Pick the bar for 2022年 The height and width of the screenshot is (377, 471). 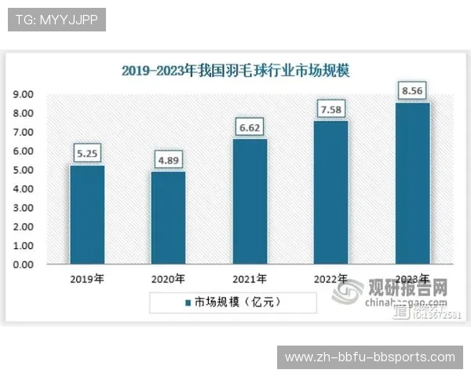(331, 192)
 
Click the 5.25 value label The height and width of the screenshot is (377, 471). (86, 154)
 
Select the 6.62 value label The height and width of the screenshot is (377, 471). (250, 127)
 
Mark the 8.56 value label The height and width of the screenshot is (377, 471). (413, 90)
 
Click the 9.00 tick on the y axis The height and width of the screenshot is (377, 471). (22, 94)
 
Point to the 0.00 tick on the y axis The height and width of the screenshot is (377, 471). (22, 265)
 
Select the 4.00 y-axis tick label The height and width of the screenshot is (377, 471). (22, 189)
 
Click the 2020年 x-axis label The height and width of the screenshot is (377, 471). (168, 279)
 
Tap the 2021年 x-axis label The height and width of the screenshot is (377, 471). (250, 279)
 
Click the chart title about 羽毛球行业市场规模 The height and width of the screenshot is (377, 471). (235, 70)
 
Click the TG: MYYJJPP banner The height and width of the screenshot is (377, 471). (57, 19)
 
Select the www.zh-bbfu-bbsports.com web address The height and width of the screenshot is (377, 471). (370, 357)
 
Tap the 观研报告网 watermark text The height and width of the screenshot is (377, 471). (408, 287)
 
